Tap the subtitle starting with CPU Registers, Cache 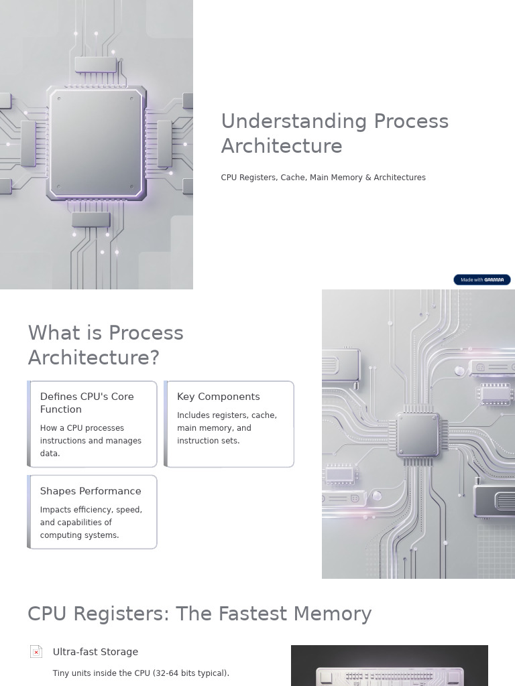323,178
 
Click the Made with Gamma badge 481,279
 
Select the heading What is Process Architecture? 105,345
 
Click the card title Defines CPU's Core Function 87,403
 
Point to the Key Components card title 218,397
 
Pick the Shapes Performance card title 91,491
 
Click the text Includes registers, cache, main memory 227,428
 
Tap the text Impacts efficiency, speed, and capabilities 91,523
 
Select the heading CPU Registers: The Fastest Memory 200,614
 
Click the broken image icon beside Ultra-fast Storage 36,651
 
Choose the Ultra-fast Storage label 95,652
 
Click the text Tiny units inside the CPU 141,673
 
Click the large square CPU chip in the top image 97,143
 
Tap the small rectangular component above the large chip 95,65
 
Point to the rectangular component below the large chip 91,220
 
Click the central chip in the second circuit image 418,435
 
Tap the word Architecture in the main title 282,147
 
